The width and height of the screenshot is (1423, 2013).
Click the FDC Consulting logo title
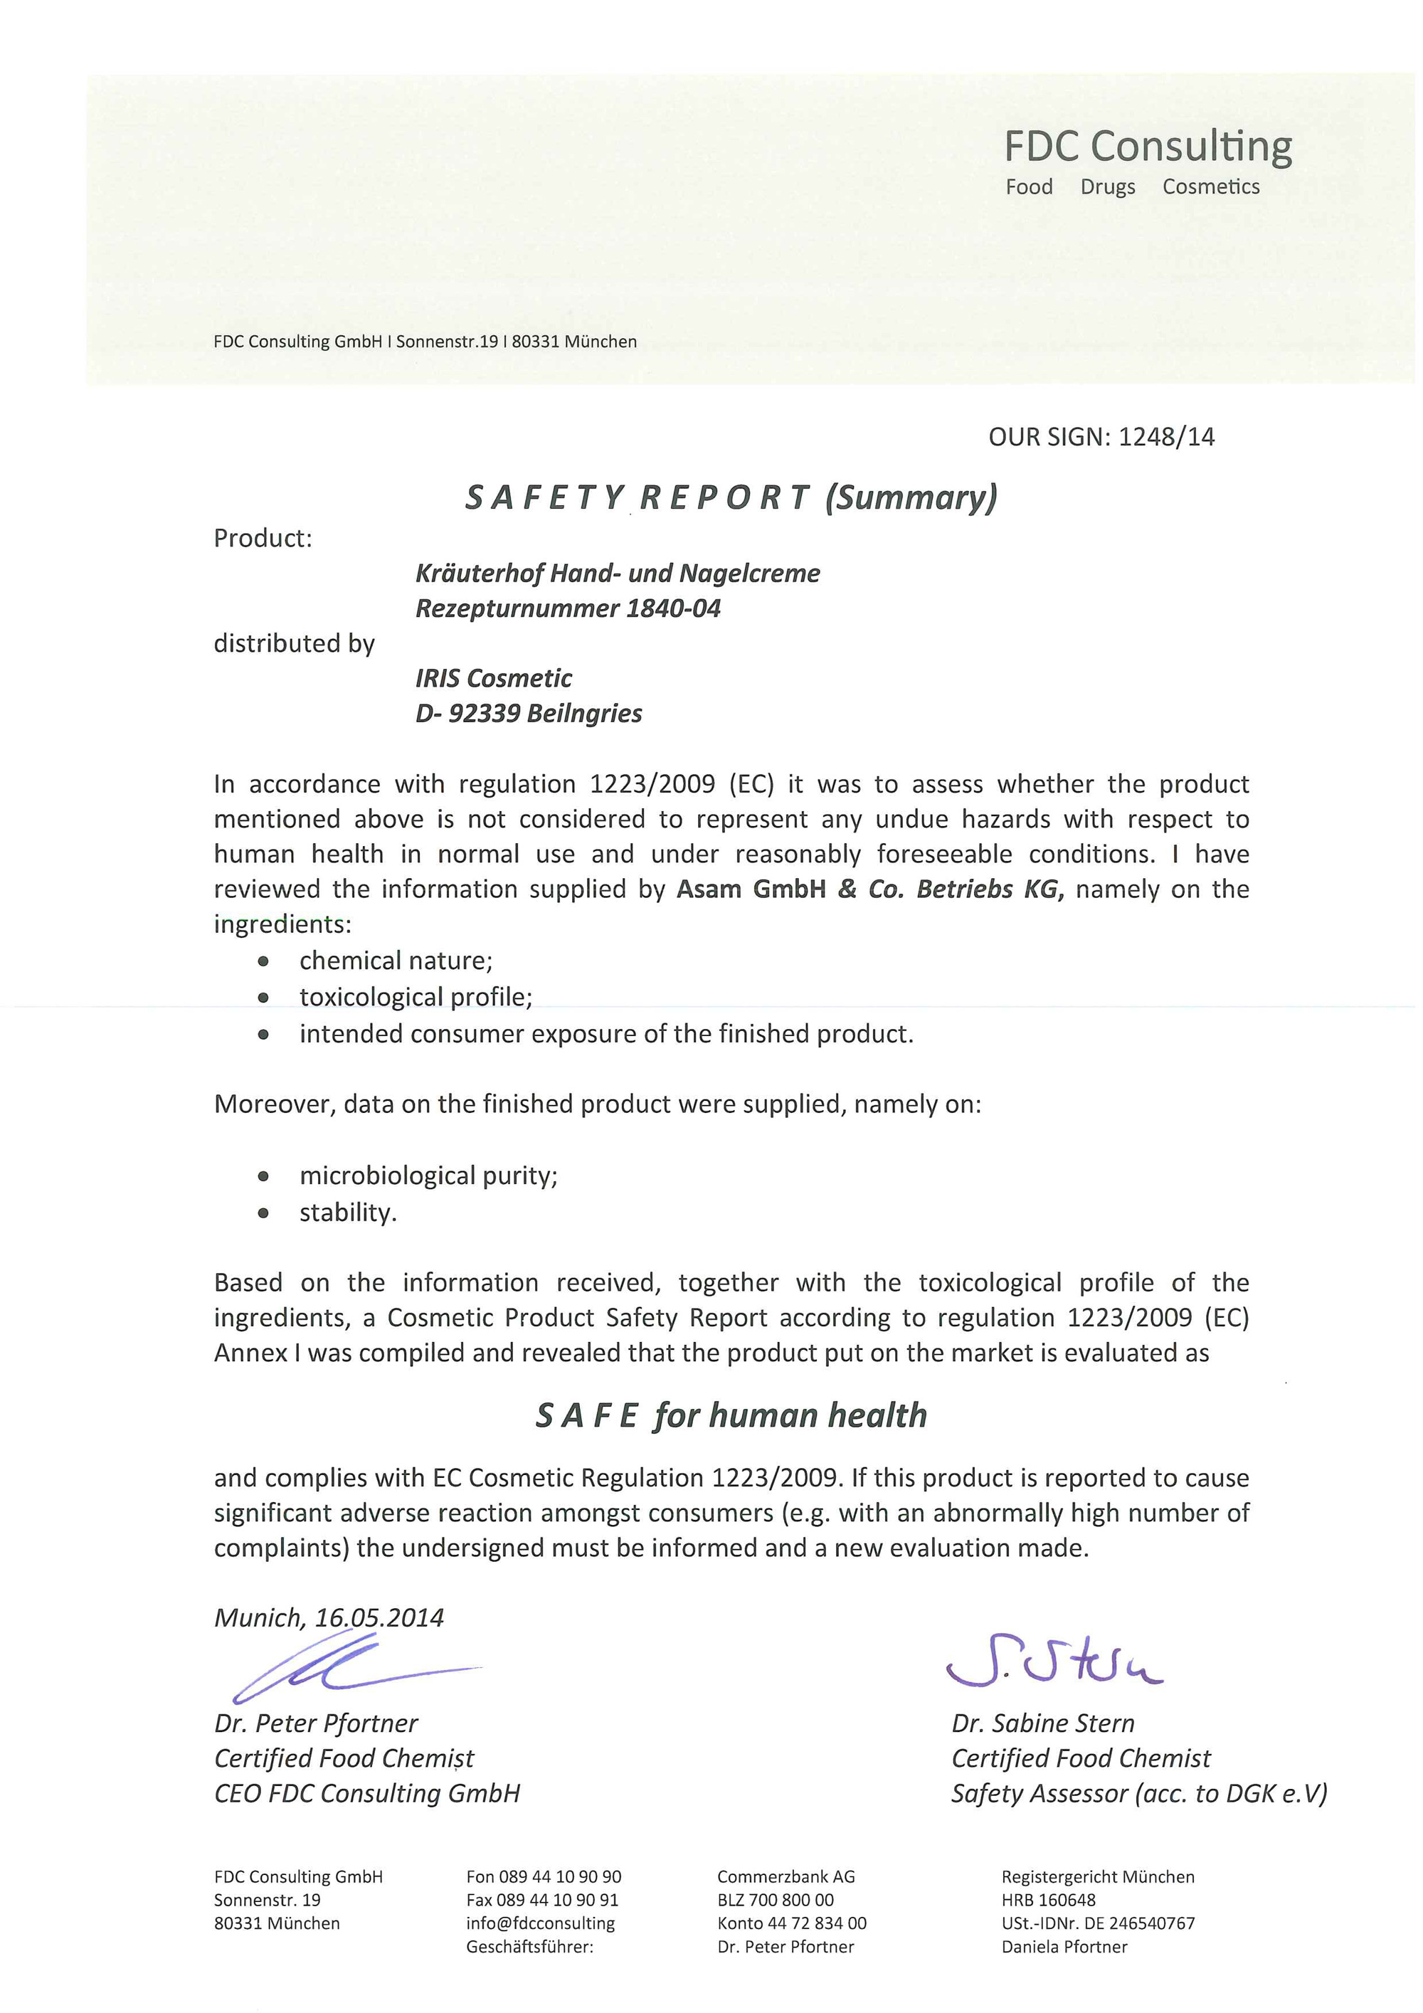1147,147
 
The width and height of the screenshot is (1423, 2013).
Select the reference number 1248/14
1167,437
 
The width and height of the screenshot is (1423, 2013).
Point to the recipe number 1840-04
672,608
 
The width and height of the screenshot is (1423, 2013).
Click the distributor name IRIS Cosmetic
494,677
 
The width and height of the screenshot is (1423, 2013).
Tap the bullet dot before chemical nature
263,962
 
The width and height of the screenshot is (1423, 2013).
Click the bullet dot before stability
263,1213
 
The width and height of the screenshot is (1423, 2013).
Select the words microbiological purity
429,1175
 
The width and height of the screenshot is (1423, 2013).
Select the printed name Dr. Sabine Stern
1042,1723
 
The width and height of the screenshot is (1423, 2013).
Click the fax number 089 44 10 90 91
543,1900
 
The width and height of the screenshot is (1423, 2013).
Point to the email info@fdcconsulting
540,1923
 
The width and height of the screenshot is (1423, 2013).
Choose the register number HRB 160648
1048,1900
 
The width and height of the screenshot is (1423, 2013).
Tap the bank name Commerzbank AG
785,1877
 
